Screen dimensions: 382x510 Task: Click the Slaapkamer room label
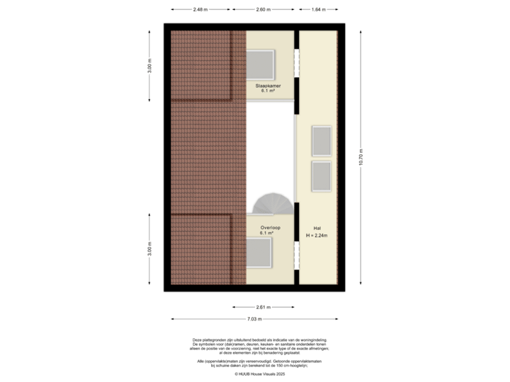click(x=268, y=86)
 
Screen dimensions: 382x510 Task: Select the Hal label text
click(x=317, y=228)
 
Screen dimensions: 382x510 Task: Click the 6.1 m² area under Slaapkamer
click(x=268, y=91)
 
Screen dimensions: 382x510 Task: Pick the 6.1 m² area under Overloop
click(x=268, y=233)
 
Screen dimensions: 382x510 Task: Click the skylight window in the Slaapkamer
click(x=264, y=64)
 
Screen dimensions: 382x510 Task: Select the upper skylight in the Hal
click(x=322, y=140)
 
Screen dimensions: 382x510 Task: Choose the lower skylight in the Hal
click(x=322, y=176)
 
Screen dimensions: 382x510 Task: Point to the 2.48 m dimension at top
click(x=200, y=10)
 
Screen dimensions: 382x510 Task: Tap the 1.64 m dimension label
click(x=318, y=10)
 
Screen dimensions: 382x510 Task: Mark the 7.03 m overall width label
click(x=255, y=319)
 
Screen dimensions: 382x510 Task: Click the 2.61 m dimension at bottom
click(x=263, y=307)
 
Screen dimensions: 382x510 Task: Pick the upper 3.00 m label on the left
click(x=149, y=66)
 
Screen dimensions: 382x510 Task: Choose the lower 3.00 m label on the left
click(x=149, y=249)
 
